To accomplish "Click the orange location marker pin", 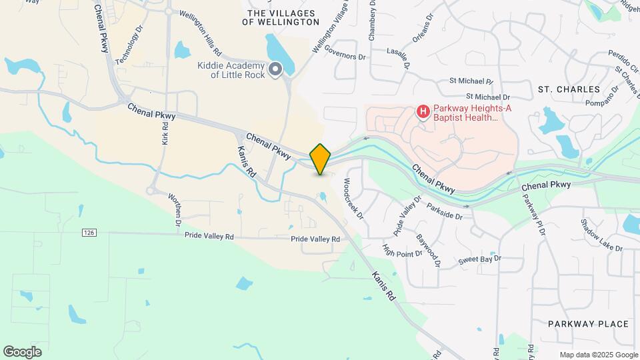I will [321, 159].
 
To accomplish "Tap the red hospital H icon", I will [422, 111].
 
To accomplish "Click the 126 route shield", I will [89, 233].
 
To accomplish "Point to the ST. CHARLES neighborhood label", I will [569, 89].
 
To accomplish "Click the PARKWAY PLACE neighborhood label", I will [588, 324].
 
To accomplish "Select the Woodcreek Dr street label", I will [353, 198].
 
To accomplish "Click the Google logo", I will [22, 351].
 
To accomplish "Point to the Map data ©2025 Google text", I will [598, 355].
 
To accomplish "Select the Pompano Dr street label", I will [585, 103].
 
